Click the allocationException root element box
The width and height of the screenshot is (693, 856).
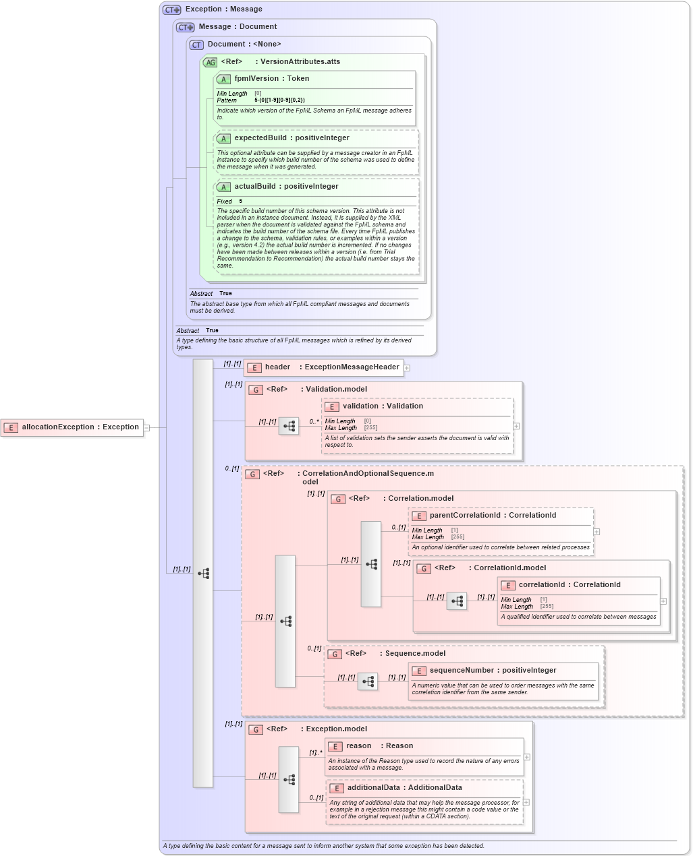[x=72, y=427]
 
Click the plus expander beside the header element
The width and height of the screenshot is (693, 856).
[x=407, y=368]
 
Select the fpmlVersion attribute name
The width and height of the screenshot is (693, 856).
[x=256, y=79]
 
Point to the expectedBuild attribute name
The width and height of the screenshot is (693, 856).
[x=260, y=138]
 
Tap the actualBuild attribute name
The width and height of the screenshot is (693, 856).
[x=255, y=187]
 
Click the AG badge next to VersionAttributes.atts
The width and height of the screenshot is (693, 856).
[x=211, y=62]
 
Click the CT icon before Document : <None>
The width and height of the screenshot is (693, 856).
[x=196, y=44]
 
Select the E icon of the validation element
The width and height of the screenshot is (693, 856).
[x=331, y=406]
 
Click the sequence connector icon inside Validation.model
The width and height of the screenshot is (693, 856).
[x=289, y=426]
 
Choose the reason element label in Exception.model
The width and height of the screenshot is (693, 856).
[x=358, y=746]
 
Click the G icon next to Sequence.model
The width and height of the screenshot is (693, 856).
[x=335, y=654]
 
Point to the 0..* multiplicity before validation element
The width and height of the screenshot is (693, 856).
[x=314, y=422]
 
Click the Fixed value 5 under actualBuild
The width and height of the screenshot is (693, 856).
[x=240, y=202]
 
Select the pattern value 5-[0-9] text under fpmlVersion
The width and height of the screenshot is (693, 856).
[x=279, y=100]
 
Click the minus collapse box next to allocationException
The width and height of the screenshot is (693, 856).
[x=146, y=427]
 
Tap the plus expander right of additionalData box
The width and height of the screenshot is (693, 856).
[x=526, y=802]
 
